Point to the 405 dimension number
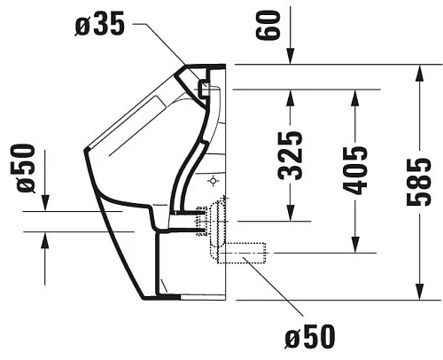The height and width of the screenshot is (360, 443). [354, 169]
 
